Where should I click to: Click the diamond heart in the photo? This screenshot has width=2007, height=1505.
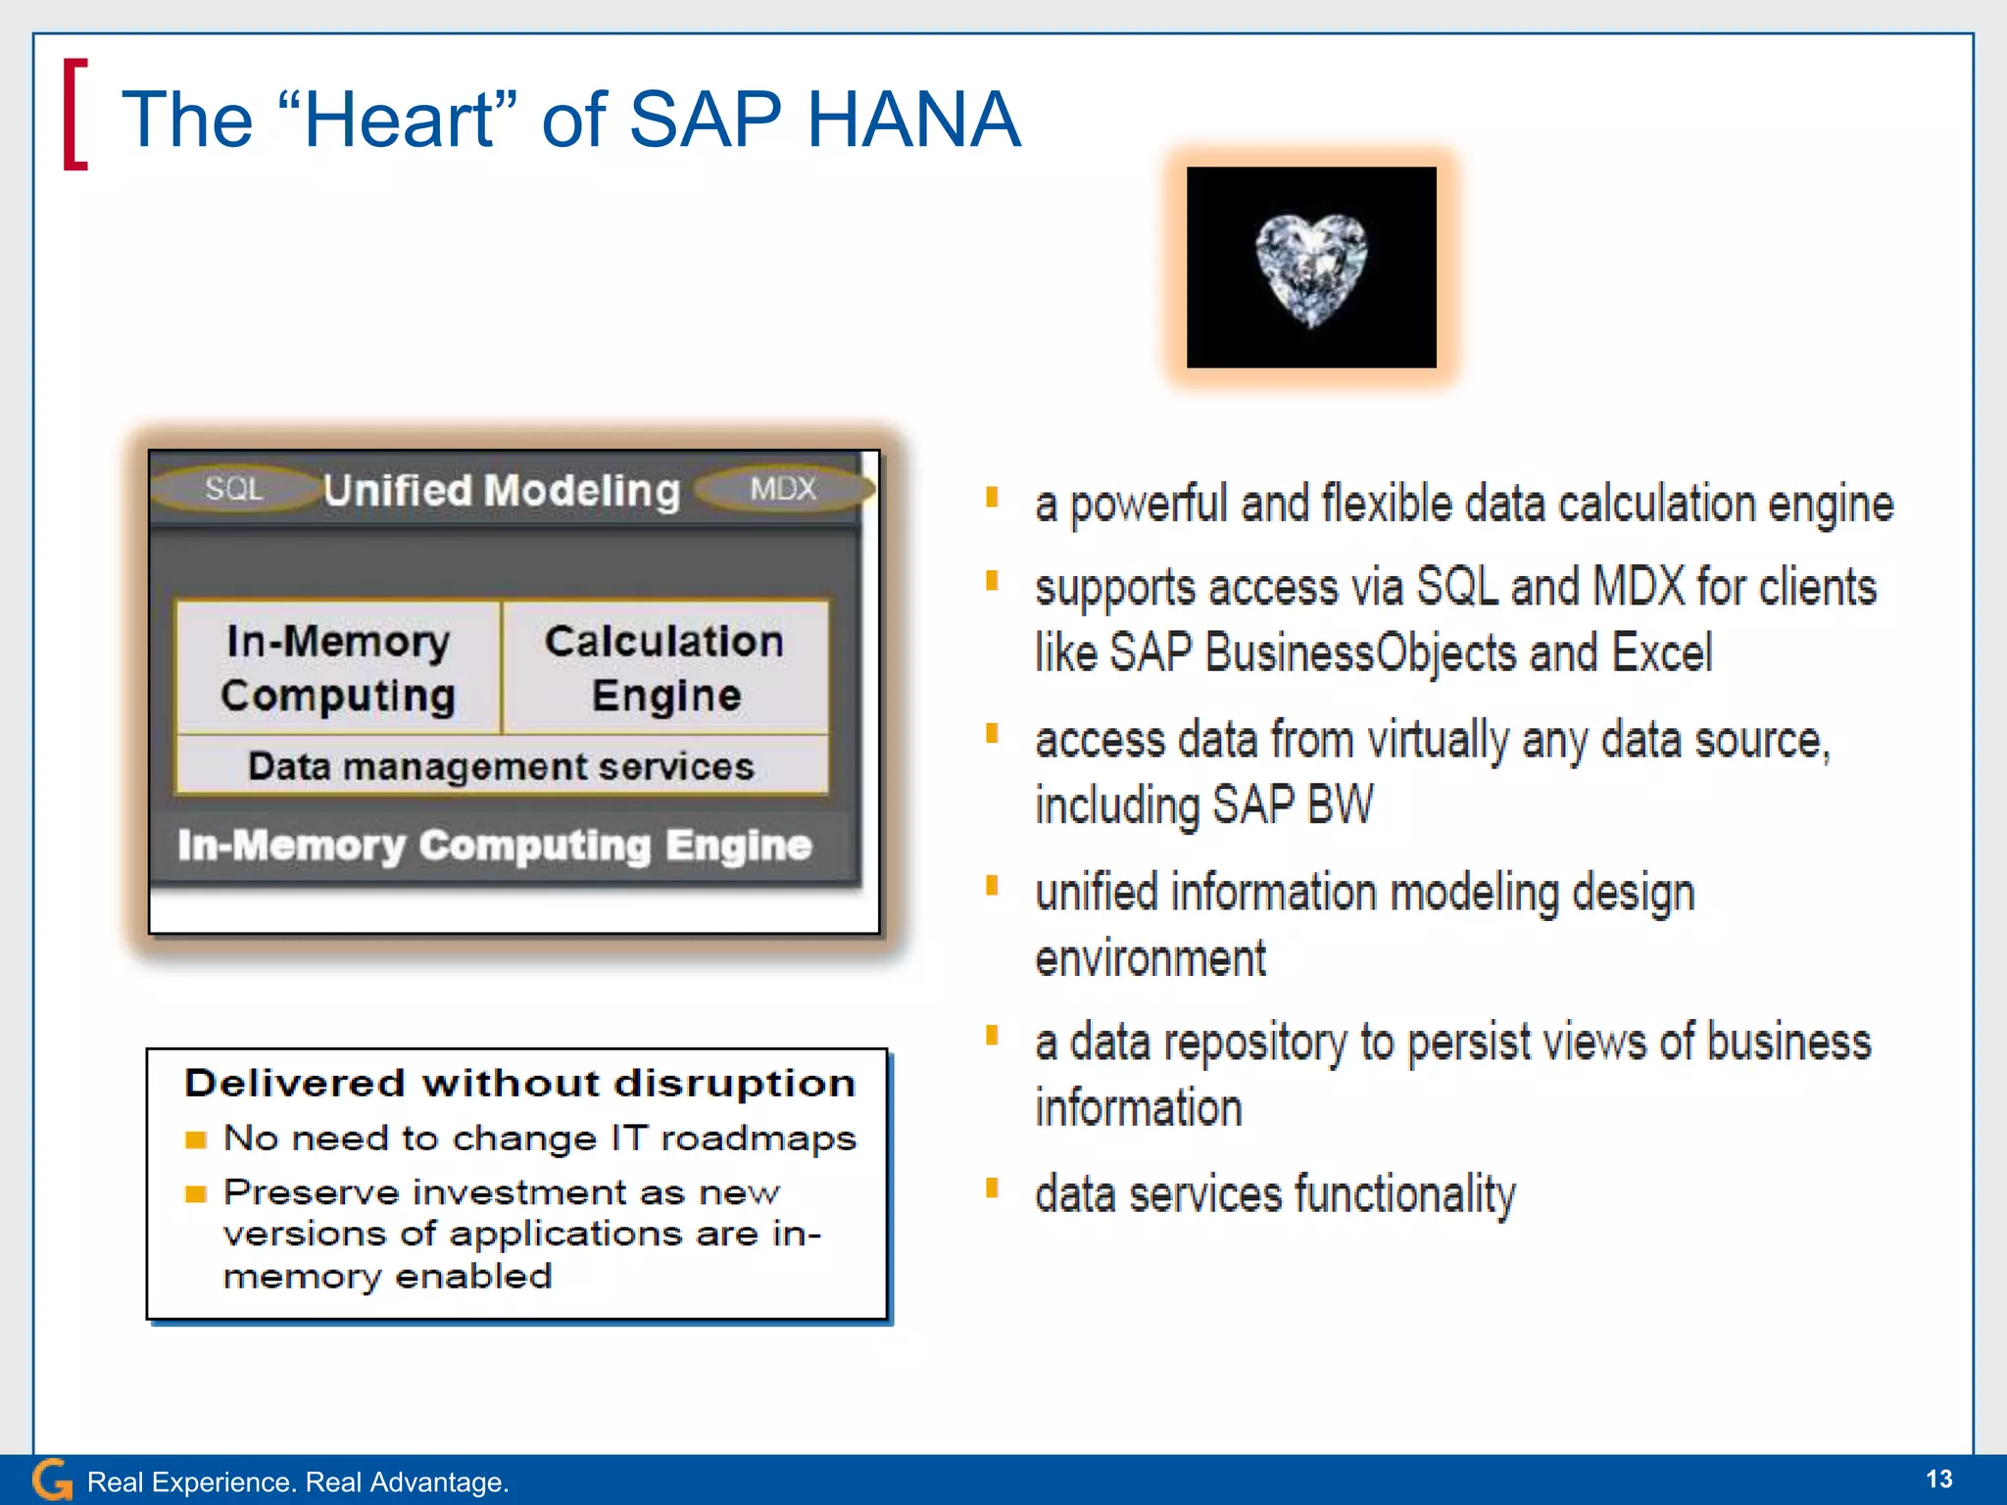1310,269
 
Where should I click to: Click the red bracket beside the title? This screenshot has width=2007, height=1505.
74,115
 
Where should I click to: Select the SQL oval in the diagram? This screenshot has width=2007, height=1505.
234,488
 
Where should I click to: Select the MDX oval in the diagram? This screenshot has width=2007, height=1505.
783,488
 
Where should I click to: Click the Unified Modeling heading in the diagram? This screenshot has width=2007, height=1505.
502,490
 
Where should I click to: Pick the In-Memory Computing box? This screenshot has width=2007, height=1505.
338,667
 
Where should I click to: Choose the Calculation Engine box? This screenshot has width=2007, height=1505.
664,667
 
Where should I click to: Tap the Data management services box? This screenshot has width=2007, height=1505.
501,765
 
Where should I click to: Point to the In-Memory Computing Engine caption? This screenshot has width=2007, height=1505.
495,845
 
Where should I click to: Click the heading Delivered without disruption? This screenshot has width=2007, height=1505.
519,1083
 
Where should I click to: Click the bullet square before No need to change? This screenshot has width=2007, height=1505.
196,1140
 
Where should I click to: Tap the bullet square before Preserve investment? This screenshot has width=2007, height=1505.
196,1193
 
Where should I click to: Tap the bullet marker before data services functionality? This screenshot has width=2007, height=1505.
992,1189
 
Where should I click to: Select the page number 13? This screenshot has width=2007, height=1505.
1938,1479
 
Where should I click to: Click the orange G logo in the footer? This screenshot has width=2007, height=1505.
51,1480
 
